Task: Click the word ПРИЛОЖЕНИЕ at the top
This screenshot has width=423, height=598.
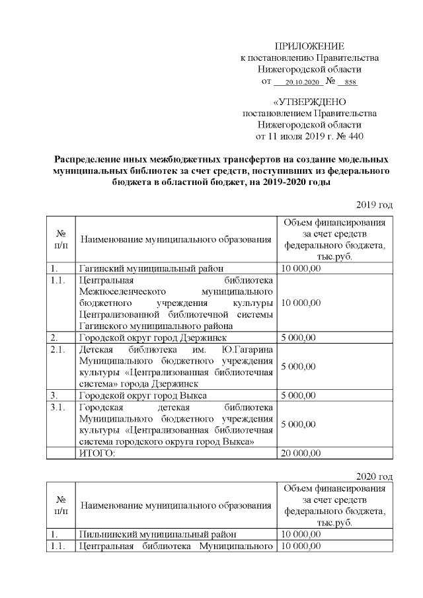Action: point(309,46)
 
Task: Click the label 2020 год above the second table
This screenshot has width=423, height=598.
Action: point(375,476)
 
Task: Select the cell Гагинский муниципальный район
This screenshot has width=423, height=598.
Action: point(147,269)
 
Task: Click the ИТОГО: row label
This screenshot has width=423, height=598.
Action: point(97,453)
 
